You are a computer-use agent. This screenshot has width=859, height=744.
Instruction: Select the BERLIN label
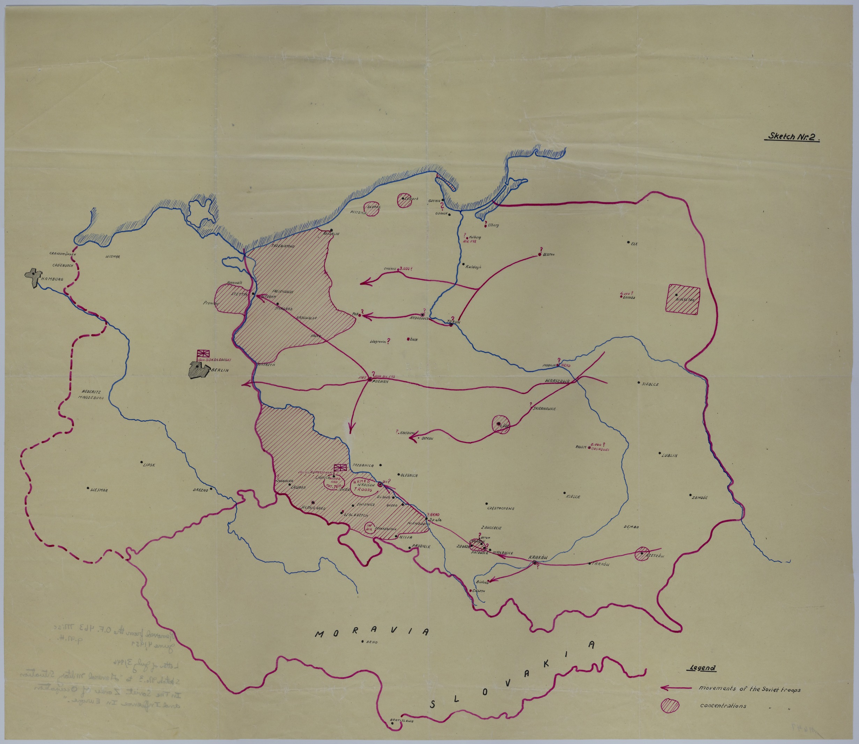point(220,369)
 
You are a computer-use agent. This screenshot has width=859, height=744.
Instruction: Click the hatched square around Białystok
point(683,299)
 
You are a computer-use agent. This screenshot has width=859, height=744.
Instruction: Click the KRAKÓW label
point(538,557)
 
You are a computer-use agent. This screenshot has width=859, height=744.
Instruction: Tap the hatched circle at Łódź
point(501,424)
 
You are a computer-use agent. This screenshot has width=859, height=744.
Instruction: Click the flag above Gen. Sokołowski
point(203,353)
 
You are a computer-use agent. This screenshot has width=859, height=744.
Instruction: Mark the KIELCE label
point(573,496)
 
